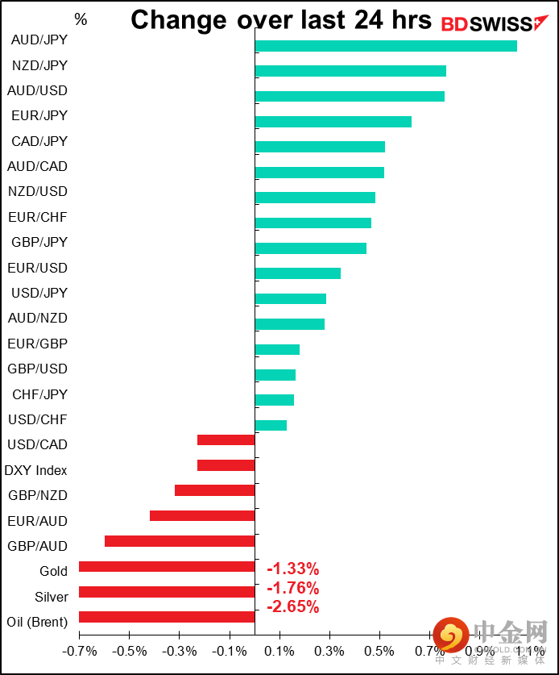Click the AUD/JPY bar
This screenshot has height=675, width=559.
tap(385, 46)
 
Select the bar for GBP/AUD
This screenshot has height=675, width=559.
tap(180, 541)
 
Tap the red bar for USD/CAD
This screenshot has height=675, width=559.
tap(226, 440)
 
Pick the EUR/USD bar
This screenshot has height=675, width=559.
tap(297, 273)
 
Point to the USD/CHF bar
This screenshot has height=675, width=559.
tap(271, 425)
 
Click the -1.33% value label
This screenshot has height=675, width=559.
tap(292, 569)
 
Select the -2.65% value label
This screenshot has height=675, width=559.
tap(292, 606)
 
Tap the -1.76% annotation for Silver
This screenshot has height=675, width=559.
tap(292, 588)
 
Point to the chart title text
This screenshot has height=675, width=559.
tap(281, 20)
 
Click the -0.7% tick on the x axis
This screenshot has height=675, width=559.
tap(78, 650)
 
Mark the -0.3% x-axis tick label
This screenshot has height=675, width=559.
tap(179, 650)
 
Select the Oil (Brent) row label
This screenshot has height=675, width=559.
tap(36, 623)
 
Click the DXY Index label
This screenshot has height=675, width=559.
tap(36, 470)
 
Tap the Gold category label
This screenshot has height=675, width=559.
tap(53, 572)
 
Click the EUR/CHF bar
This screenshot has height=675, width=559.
tap(313, 223)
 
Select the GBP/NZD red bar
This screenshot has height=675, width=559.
tap(214, 490)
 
